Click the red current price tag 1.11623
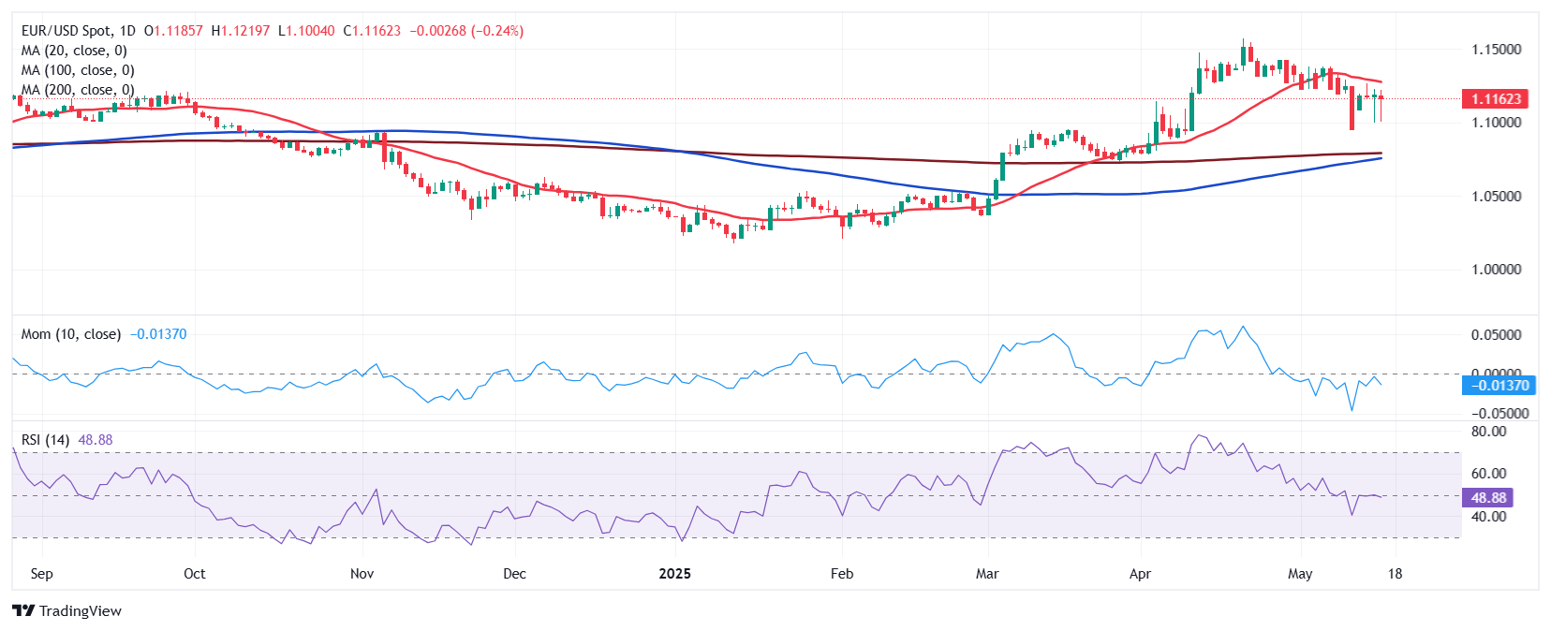click(1495, 99)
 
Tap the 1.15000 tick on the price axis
click(1496, 50)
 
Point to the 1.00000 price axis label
click(1496, 270)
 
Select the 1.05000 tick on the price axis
click(1496, 197)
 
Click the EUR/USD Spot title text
click(66, 31)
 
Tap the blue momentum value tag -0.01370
click(1499, 386)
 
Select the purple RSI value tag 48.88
click(1488, 498)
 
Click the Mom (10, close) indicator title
click(70, 334)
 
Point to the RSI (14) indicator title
click(45, 440)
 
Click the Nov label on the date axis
click(362, 574)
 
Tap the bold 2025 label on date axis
click(674, 574)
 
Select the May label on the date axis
click(1300, 574)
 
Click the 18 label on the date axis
click(1395, 574)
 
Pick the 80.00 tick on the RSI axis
click(1488, 432)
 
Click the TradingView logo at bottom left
click(67, 611)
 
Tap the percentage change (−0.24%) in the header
click(496, 31)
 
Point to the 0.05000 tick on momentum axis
click(1496, 335)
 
